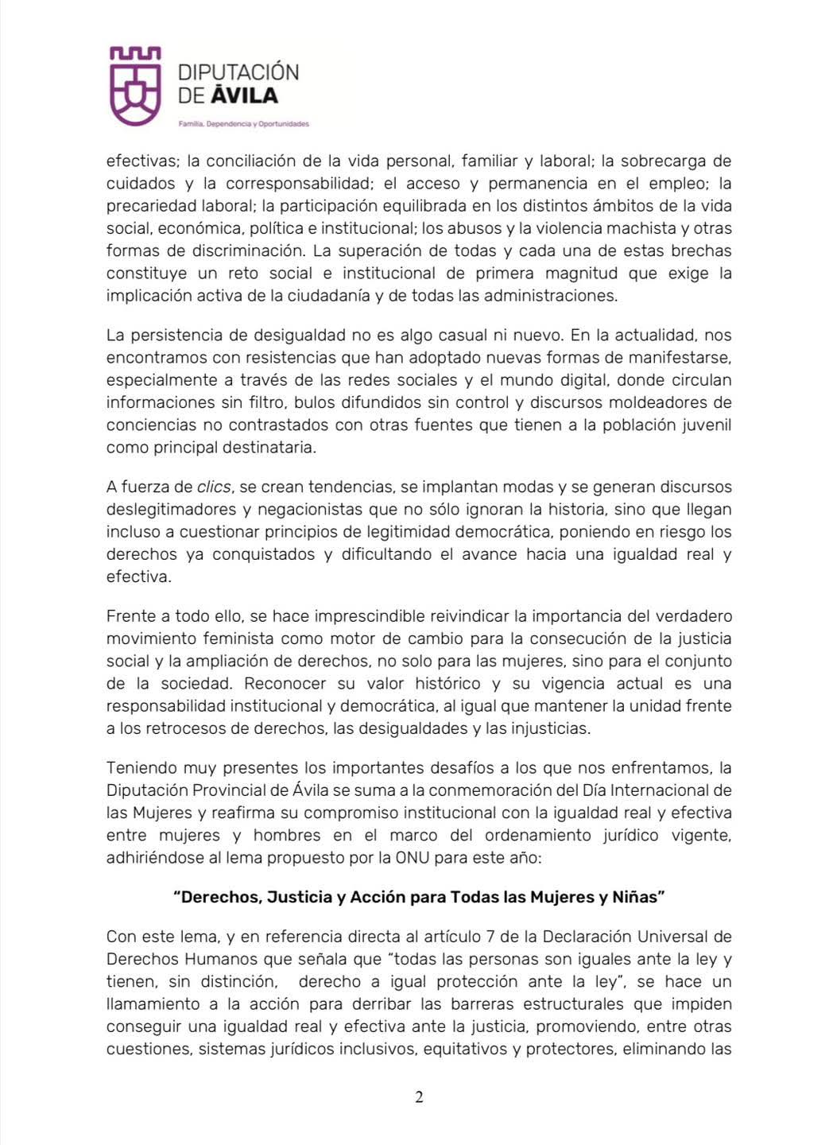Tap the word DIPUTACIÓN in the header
[238, 72]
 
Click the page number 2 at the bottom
[419, 1097]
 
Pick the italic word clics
[214, 487]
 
